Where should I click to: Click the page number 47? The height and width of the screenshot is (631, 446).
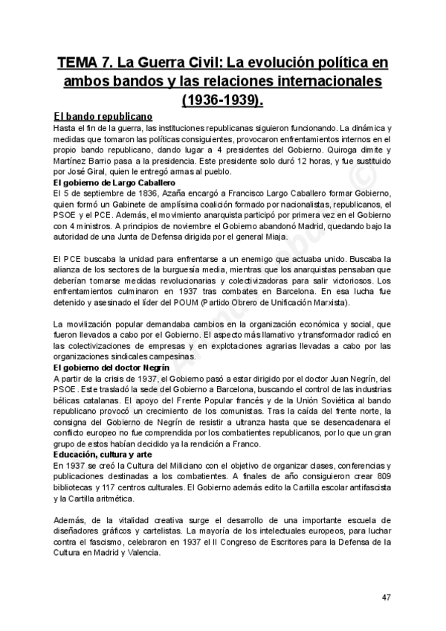click(x=387, y=597)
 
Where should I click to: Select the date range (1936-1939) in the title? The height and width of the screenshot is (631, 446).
click(x=222, y=98)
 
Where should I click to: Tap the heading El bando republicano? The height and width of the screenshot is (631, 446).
click(x=103, y=117)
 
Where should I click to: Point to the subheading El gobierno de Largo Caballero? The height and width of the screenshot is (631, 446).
click(x=114, y=182)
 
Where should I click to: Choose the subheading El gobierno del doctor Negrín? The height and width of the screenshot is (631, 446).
click(x=112, y=368)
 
